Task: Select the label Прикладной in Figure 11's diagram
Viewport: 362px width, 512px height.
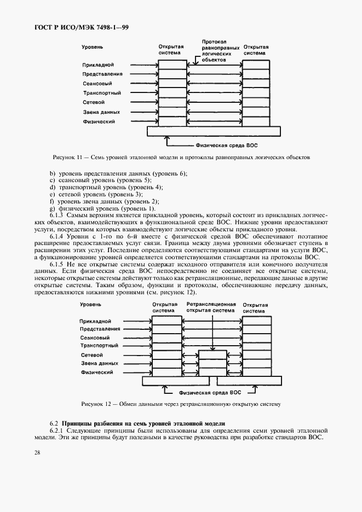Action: (x=98, y=65)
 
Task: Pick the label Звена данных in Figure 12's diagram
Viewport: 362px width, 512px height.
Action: (x=99, y=363)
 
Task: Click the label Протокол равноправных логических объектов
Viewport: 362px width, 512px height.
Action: (x=217, y=50)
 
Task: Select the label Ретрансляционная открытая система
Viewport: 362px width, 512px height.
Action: (x=211, y=306)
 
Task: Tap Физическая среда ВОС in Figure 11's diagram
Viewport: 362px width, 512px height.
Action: (x=226, y=146)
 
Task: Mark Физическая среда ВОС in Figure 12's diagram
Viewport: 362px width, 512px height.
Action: (x=211, y=393)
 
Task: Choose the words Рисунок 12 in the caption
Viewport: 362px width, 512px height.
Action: (x=96, y=404)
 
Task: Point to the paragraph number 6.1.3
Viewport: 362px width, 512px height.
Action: (x=58, y=215)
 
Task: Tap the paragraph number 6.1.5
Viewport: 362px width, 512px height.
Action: (x=58, y=264)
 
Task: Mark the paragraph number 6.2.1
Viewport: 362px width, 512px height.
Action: (x=58, y=431)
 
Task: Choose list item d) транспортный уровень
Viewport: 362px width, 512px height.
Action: (x=106, y=187)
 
